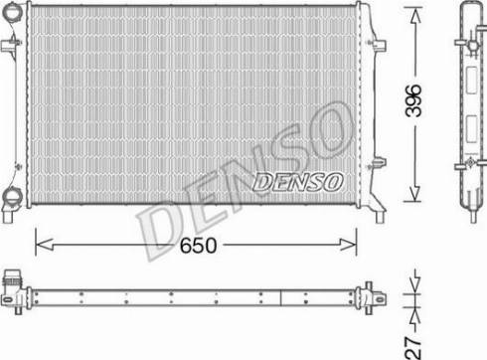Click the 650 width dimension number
(197, 244)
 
